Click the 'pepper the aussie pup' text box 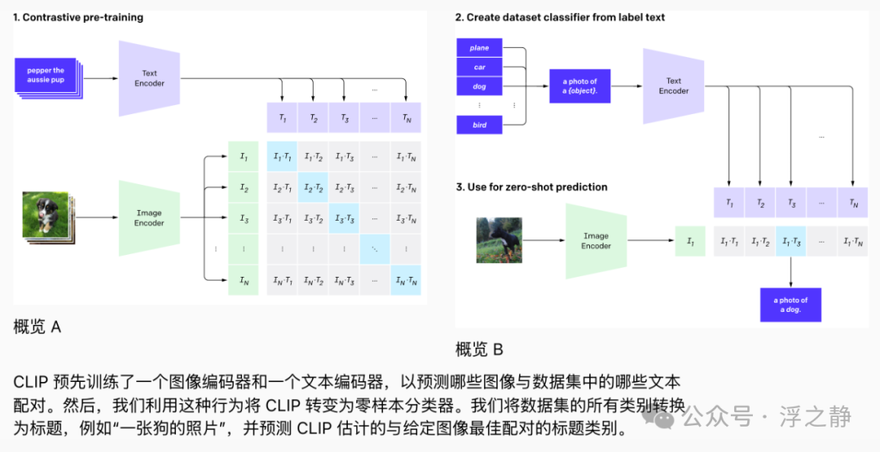coord(46,75)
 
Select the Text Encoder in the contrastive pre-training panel coord(149,78)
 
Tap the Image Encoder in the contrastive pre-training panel coord(149,217)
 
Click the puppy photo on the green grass coord(45,215)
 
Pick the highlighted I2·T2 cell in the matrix coord(314,187)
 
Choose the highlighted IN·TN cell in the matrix coord(406,280)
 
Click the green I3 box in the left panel coord(244,218)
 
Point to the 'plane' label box coord(479,48)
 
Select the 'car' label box coord(479,67)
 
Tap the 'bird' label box coord(479,125)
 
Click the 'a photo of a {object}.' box coord(580,86)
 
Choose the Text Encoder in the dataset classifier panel coord(673,86)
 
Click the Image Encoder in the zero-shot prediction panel coord(596,240)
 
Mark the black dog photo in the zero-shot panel coord(499,239)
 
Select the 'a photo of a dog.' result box coord(790,305)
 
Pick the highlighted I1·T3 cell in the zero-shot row coord(790,241)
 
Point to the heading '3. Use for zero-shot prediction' coord(531,187)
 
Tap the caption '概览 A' coord(37,327)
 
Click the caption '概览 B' coord(479,350)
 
